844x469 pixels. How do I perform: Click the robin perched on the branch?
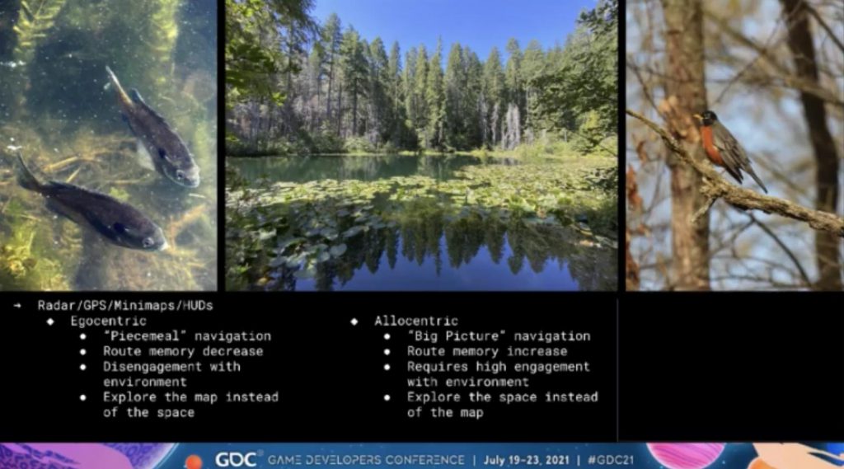click(727, 148)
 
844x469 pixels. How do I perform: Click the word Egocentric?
click(108, 321)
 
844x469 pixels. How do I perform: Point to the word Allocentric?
click(416, 321)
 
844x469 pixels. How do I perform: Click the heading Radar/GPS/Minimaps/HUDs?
click(125, 306)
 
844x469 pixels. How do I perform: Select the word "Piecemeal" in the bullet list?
click(145, 336)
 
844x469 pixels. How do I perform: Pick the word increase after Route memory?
click(537, 351)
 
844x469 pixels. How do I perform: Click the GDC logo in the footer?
click(235, 459)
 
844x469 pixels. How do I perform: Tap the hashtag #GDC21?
click(611, 460)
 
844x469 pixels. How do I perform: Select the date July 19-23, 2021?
click(527, 460)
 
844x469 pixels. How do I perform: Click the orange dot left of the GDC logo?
click(193, 462)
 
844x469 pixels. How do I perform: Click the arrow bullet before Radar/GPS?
click(18, 306)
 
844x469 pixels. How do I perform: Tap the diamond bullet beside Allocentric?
click(354, 321)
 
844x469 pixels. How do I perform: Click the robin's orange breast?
click(710, 144)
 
